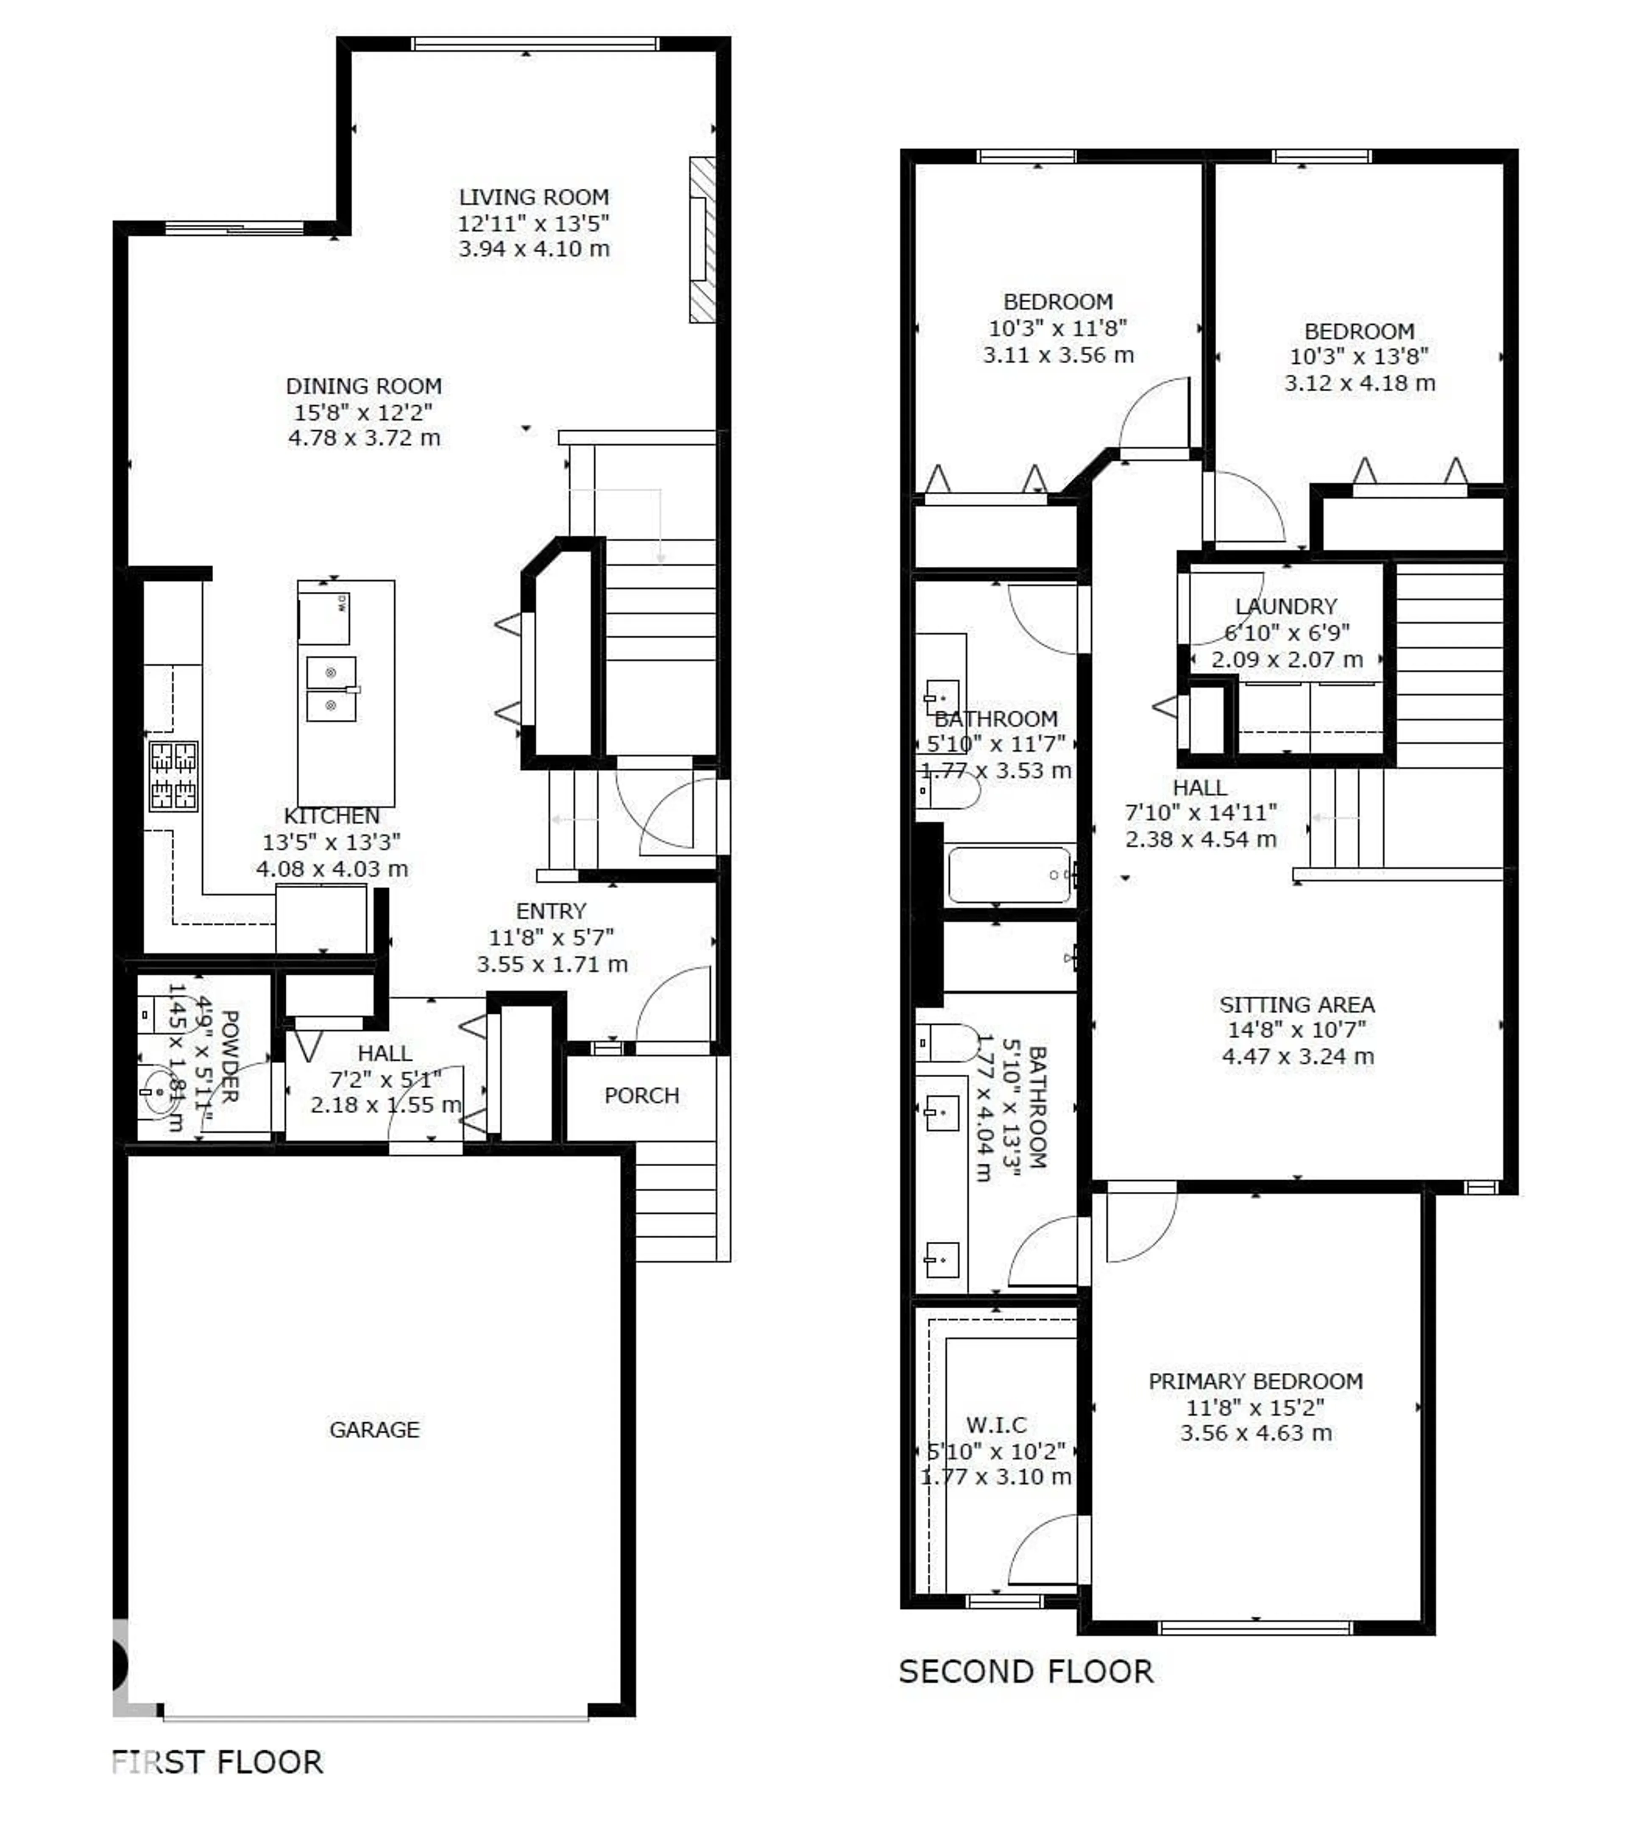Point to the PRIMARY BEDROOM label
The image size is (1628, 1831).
[1255, 1381]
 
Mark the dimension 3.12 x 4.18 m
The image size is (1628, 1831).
[1359, 383]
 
